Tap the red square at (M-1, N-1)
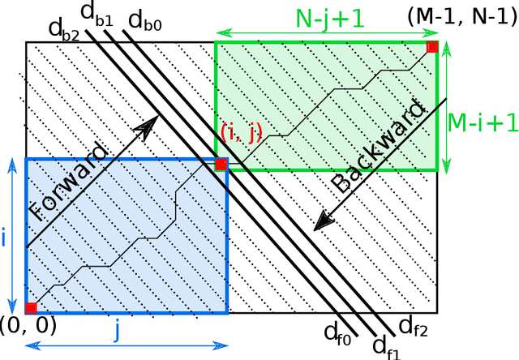click(x=433, y=47)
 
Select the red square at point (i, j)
click(x=221, y=164)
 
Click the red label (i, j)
click(x=241, y=131)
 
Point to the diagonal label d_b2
click(x=63, y=29)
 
